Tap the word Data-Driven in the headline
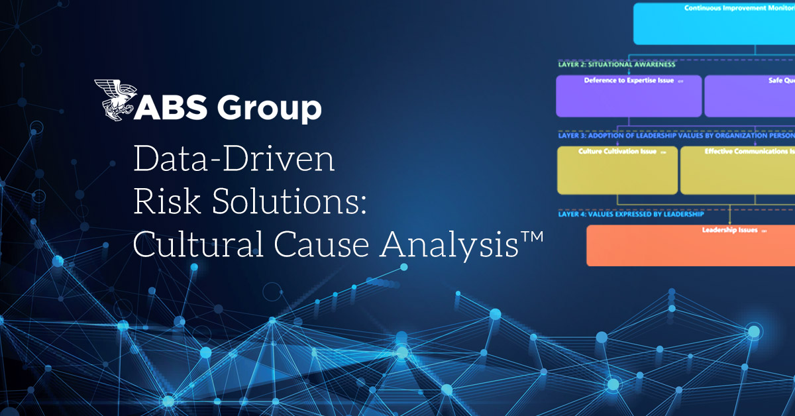tap(234, 162)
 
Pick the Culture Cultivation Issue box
tap(617, 170)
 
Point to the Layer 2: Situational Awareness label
tap(616, 65)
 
